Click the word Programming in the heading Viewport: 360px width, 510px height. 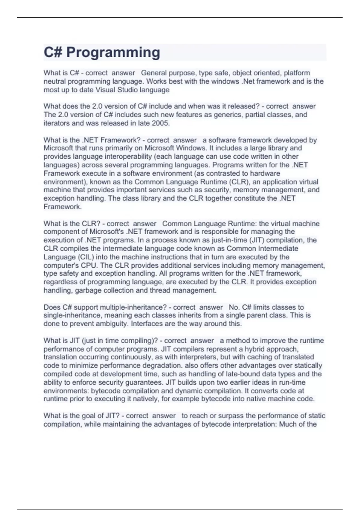[x=113, y=52]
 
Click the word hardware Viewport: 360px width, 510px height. [x=265, y=173]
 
